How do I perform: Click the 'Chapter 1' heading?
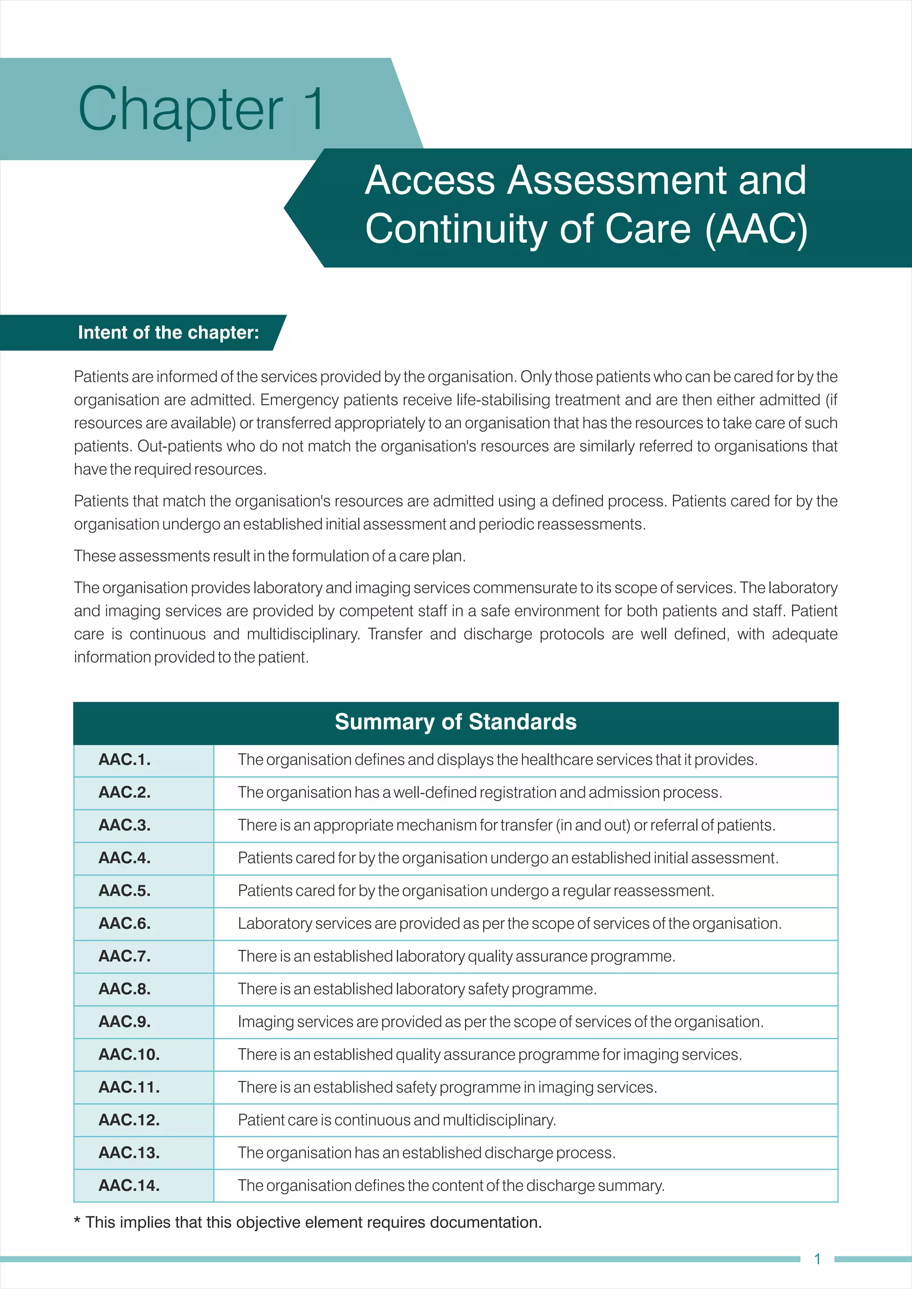[200, 109]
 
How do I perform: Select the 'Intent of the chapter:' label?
[168, 332]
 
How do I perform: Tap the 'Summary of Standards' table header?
[456, 722]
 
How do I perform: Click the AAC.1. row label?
[125, 760]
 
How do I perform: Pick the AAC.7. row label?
[125, 956]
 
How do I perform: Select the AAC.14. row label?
[129, 1185]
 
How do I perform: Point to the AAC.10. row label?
[129, 1054]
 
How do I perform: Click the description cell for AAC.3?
[506, 825]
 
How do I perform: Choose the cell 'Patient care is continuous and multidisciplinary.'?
[396, 1120]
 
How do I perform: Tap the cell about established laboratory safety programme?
[417, 989]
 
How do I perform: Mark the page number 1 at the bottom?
[817, 1259]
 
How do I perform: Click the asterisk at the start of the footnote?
[77, 1222]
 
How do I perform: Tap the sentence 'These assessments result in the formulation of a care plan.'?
[269, 556]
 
